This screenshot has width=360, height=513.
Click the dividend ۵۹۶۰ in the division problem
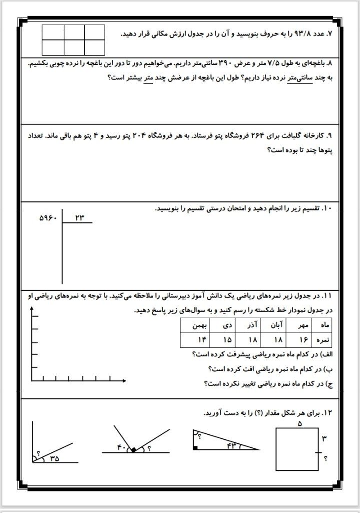48,218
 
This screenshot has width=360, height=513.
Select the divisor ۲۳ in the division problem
80,217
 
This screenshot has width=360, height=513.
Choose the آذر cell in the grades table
253,325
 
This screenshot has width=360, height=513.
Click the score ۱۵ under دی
227,340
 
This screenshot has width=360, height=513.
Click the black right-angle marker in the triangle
194,447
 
